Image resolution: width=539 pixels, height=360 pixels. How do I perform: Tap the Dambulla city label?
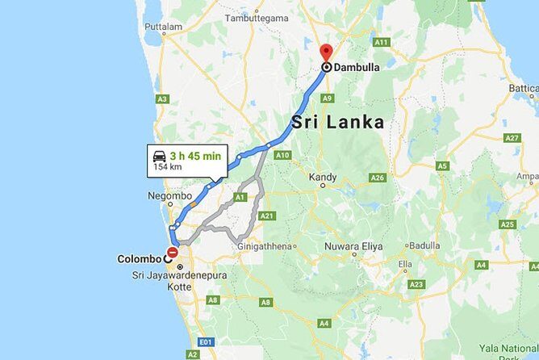tap(357, 69)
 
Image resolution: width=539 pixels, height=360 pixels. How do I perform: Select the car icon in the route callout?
tap(160, 157)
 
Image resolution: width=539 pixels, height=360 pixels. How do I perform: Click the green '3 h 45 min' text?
tap(195, 157)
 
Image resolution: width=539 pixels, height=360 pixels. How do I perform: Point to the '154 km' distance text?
tap(167, 169)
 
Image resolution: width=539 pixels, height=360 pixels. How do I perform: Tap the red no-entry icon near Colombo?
tap(173, 252)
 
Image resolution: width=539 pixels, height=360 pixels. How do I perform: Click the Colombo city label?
tap(139, 259)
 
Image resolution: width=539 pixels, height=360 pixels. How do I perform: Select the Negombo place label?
tap(169, 195)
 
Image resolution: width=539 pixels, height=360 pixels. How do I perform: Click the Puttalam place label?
tap(163, 27)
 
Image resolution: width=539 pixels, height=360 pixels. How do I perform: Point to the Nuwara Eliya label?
tap(353, 245)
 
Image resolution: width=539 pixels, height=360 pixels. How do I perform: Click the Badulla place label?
tap(424, 245)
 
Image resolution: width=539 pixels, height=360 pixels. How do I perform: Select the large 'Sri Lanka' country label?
tap(337, 123)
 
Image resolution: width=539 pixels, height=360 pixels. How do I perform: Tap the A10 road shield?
tap(282, 154)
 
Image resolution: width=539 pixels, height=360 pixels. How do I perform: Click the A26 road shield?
tap(378, 178)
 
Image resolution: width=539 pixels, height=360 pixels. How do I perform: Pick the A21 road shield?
tap(268, 216)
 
